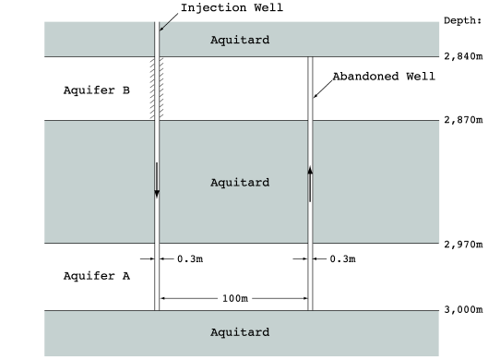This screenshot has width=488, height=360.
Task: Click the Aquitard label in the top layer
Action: pos(240,40)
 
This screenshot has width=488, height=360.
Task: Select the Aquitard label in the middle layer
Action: pos(240,182)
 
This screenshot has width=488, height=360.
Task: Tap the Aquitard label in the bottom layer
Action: pos(240,332)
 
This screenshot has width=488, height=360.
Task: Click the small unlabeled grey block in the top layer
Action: pos(99,39)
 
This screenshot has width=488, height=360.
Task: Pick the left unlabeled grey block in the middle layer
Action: pos(99,182)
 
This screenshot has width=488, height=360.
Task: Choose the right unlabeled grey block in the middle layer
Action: pos(376,182)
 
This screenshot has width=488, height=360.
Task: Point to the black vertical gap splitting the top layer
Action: pos(157,39)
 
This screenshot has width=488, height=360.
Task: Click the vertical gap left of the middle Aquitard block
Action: pos(157,182)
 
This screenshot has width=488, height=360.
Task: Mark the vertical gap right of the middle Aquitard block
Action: pos(310,182)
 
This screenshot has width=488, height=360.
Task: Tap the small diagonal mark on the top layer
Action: pos(165,26)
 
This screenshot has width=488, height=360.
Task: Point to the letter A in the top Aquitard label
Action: pos(214,40)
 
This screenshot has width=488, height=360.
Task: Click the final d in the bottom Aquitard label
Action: pos(266,332)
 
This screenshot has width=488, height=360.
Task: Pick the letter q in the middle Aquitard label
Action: pos(222,183)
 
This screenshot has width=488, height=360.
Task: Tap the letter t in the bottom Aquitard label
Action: pos(244,332)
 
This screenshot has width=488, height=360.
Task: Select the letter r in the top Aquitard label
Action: pos(258,40)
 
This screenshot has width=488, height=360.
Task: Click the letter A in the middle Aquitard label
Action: pos(214,182)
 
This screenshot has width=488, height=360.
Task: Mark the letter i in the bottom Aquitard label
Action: pos(236,332)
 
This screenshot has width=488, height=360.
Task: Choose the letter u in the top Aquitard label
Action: pos(229,40)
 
